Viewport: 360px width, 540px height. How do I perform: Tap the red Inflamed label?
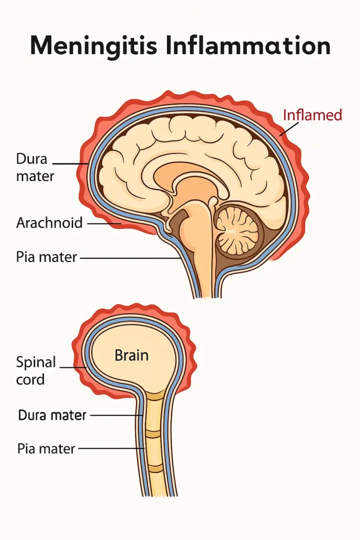coord(313,114)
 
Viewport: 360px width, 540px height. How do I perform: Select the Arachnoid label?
coord(50,223)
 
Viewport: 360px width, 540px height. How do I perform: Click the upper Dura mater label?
coord(35,167)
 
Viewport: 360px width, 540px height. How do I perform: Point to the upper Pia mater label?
coord(47,258)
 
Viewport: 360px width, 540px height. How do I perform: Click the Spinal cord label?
coord(36,370)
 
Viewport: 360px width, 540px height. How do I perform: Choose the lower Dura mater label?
coord(52,415)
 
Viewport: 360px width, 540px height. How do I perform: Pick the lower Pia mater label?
coord(46,449)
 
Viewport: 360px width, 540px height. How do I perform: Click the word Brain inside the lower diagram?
coord(132,355)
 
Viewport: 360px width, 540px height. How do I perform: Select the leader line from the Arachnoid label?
coord(103,223)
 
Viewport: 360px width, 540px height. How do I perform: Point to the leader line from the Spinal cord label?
coord(73,367)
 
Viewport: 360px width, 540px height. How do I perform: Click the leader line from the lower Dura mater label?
coord(116,416)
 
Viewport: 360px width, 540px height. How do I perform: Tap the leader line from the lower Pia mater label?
coord(111,449)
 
